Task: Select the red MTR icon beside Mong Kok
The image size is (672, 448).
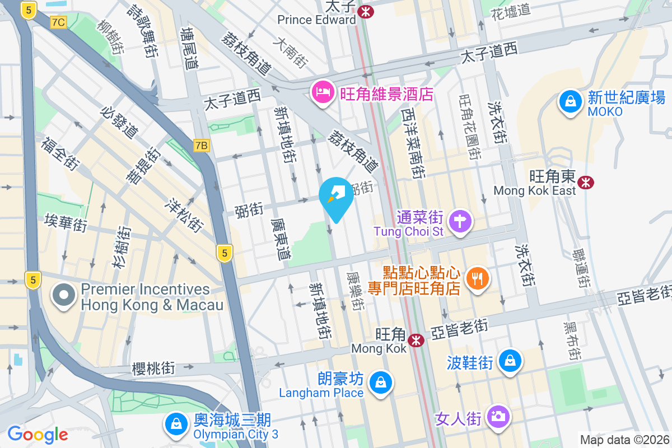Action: (416, 340)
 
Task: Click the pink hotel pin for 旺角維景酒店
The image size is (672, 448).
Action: (323, 93)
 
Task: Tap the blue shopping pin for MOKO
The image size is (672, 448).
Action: (570, 102)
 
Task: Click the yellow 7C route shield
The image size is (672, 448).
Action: (58, 22)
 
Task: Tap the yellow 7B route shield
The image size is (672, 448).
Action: (202, 146)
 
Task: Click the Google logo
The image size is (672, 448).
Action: (38, 435)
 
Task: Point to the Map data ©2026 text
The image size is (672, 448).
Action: (624, 440)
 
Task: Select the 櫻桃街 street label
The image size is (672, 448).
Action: (153, 368)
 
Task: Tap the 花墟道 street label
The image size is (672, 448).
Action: (510, 10)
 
